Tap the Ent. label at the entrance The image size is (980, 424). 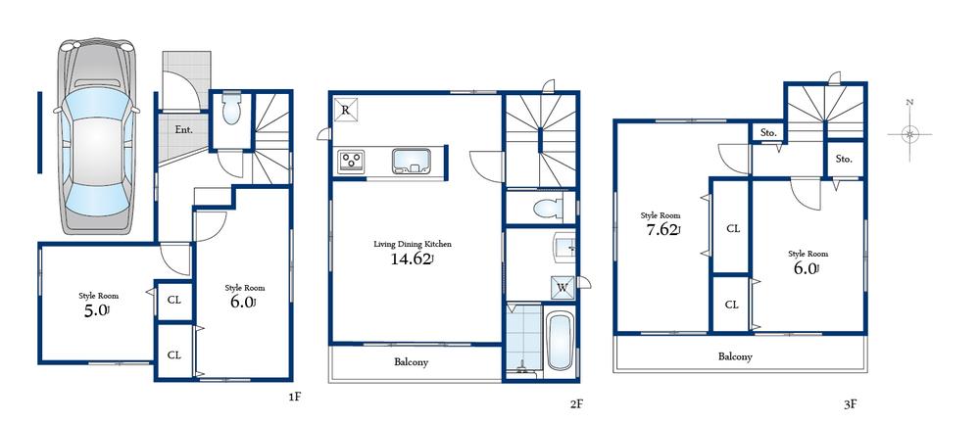[183, 129]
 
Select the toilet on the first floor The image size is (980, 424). [231, 111]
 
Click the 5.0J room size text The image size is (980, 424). [98, 310]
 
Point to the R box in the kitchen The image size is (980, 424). [346, 111]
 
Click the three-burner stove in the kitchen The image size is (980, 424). [353, 161]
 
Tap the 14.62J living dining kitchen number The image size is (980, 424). [413, 260]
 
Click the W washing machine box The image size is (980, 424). [563, 287]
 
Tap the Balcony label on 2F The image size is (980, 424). [411, 361]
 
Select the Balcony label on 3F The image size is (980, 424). [735, 356]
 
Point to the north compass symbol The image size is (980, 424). [910, 133]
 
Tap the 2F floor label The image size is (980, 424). [577, 401]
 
